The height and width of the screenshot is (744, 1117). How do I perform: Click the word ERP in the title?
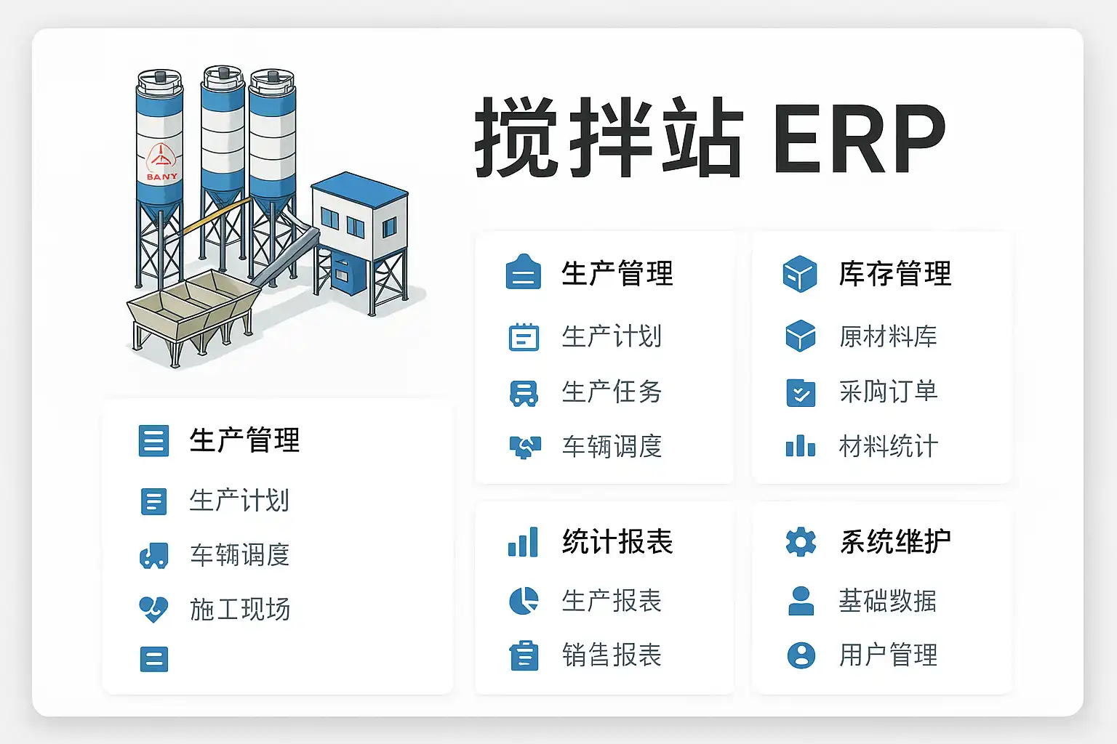tap(860, 138)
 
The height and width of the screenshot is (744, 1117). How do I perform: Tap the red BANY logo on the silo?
tap(161, 163)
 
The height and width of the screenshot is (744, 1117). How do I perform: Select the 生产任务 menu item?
tap(612, 392)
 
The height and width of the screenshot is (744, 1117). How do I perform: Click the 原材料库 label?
tap(888, 337)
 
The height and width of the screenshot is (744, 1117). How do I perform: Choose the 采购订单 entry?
tap(888, 392)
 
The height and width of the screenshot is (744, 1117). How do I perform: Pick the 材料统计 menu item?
tap(888, 447)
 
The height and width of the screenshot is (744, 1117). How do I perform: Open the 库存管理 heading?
tap(894, 274)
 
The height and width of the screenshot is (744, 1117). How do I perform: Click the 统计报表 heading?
tap(617, 542)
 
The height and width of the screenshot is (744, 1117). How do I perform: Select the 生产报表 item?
tap(612, 601)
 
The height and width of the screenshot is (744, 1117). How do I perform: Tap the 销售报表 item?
tap(612, 655)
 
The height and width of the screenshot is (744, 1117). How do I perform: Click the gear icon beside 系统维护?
tap(801, 542)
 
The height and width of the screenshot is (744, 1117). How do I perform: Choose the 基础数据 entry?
tap(888, 601)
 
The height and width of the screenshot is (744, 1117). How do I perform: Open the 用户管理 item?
tap(888, 655)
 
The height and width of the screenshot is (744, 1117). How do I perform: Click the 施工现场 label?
tap(240, 610)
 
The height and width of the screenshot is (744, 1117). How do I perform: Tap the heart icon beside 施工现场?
tap(153, 610)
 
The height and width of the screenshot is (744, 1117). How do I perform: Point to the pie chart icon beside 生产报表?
tap(524, 601)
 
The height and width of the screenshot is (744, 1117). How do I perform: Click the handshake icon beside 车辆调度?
tap(524, 447)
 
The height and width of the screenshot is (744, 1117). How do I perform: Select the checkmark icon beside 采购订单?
tap(801, 393)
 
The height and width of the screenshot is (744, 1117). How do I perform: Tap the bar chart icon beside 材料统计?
tap(801, 446)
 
